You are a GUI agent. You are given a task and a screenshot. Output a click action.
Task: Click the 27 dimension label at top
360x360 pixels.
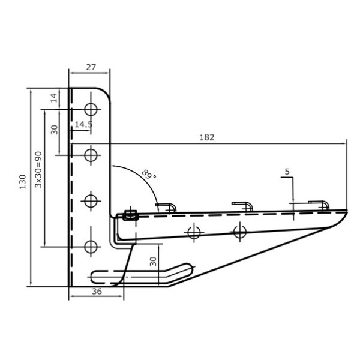click(91, 67)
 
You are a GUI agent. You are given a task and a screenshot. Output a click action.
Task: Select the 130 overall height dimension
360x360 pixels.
click(23, 182)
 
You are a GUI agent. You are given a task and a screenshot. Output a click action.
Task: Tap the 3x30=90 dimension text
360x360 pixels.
click(38, 169)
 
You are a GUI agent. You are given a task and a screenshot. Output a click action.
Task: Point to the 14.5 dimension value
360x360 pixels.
click(83, 124)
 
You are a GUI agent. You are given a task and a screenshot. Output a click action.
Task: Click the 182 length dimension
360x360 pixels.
click(206, 137)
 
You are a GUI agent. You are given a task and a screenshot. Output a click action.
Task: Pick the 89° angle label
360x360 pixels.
click(149, 174)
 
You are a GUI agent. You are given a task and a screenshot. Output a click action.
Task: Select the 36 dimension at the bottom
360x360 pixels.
click(97, 292)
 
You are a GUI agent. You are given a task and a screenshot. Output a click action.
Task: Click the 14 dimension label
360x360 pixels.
click(54, 98)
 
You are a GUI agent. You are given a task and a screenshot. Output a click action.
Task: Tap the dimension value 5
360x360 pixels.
click(287, 172)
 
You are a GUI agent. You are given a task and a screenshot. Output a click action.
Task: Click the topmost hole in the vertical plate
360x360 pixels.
click(91, 110)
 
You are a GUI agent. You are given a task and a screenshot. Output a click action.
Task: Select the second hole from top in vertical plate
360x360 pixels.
click(91, 155)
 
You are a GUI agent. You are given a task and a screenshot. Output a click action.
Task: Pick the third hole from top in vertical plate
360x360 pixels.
click(91, 201)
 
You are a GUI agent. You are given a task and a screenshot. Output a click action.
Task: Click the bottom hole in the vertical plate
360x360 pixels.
click(91, 247)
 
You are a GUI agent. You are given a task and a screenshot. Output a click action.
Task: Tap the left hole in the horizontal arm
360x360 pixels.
click(194, 233)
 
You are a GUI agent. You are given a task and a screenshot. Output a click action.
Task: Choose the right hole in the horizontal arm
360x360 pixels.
click(240, 232)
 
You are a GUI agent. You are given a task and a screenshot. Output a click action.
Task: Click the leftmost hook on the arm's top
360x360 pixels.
click(166, 208)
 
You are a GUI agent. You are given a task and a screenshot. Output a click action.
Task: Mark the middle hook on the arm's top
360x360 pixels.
click(242, 206)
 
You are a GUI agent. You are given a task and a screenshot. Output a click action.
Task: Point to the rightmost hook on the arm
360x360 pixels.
click(319, 205)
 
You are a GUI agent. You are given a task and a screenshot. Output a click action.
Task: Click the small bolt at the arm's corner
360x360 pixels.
click(130, 216)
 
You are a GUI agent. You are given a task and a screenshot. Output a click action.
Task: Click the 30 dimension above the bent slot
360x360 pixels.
click(153, 261)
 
